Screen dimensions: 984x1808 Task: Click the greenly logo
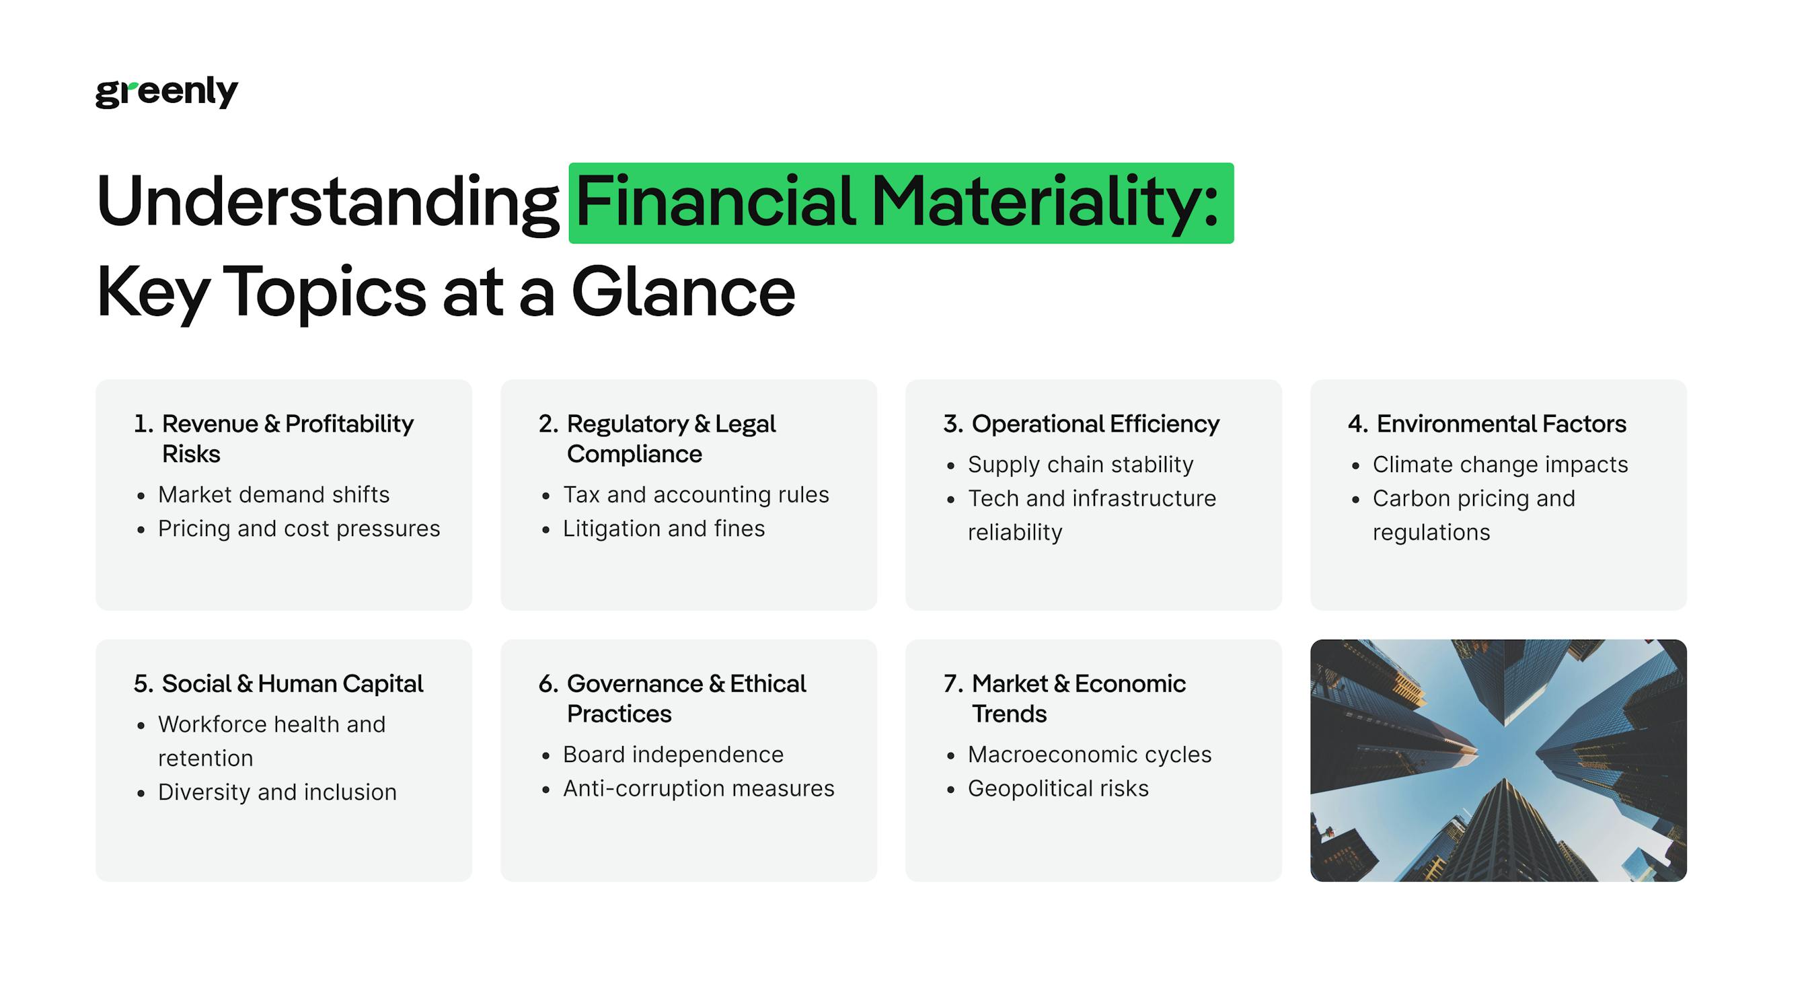coord(166,92)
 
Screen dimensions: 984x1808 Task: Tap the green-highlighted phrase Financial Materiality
coord(900,203)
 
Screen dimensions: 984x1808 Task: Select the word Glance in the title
coord(683,292)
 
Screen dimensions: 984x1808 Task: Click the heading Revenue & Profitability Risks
coord(287,424)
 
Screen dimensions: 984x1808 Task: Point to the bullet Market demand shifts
coord(274,495)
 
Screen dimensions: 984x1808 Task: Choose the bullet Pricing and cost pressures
coord(299,529)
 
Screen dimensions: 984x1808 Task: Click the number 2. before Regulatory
coord(548,424)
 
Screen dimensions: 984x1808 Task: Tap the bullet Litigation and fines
coord(663,529)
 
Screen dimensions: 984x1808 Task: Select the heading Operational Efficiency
coord(1095,424)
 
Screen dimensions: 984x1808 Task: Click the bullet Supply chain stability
coord(1080,465)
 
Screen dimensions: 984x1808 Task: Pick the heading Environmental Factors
coord(1501,424)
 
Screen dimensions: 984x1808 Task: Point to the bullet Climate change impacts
coord(1500,465)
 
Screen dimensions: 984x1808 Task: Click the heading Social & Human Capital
coord(292,683)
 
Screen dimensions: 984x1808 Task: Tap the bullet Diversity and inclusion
coord(277,792)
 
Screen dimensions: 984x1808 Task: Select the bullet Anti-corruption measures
coord(698,789)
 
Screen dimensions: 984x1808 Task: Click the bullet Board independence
coord(673,755)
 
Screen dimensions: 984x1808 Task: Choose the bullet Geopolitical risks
coord(1058,789)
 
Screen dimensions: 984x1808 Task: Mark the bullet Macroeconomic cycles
coord(1089,755)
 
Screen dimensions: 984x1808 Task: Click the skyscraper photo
coord(1498,760)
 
